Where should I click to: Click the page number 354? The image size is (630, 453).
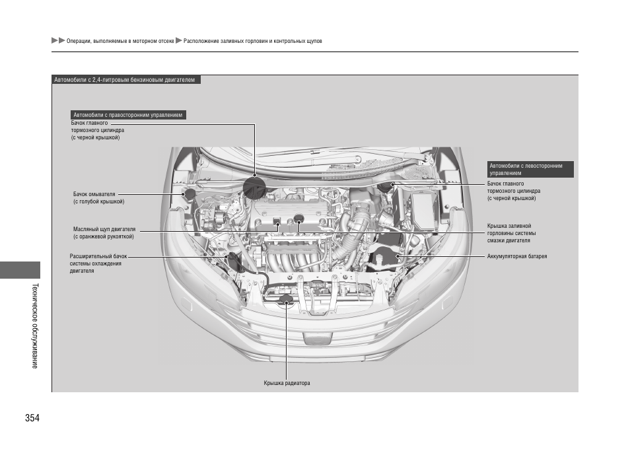tap(33, 419)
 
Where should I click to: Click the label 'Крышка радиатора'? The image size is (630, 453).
tap(287, 383)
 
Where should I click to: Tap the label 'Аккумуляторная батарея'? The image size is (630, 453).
tap(516, 256)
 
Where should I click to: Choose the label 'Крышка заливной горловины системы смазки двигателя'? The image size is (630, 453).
tap(511, 233)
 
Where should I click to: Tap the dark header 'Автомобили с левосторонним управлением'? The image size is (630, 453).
tap(530, 169)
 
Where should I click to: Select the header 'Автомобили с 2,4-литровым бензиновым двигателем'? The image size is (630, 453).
tap(125, 80)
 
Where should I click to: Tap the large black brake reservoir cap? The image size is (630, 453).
tap(254, 187)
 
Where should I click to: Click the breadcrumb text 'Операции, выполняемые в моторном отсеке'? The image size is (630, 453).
tap(120, 41)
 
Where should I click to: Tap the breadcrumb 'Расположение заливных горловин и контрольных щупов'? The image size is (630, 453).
tap(253, 41)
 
